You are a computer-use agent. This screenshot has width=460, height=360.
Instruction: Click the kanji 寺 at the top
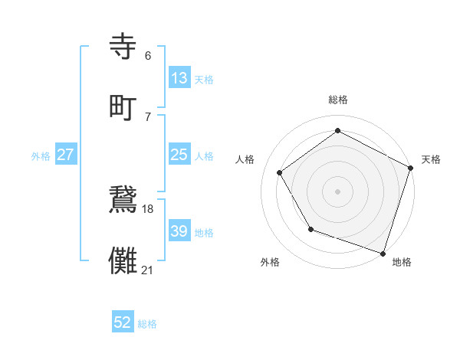point(126,47)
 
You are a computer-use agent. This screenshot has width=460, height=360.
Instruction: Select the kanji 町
point(126,106)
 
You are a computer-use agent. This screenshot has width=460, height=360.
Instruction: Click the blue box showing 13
point(179,78)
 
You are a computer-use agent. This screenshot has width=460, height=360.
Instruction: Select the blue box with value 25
point(179,155)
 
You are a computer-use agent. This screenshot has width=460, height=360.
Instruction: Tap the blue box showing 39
point(179,231)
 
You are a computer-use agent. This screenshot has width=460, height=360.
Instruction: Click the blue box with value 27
point(66,155)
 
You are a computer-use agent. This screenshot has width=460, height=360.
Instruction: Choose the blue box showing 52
point(123,322)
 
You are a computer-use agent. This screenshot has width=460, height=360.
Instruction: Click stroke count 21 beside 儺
point(148,269)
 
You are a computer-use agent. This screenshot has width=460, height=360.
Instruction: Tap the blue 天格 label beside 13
point(204,80)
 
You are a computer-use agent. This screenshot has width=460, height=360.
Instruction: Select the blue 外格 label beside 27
point(41,156)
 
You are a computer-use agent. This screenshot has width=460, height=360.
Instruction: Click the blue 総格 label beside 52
point(147,324)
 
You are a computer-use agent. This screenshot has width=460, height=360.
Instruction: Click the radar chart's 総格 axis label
point(338,100)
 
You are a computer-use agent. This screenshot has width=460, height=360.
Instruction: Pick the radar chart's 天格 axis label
point(431,159)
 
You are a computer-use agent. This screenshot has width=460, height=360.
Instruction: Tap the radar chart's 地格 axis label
point(402,262)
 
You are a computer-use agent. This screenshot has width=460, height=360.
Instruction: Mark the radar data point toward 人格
point(280,173)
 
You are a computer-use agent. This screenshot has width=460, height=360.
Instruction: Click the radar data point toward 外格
point(310,229)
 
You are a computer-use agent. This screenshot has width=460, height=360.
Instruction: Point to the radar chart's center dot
point(338,191)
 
